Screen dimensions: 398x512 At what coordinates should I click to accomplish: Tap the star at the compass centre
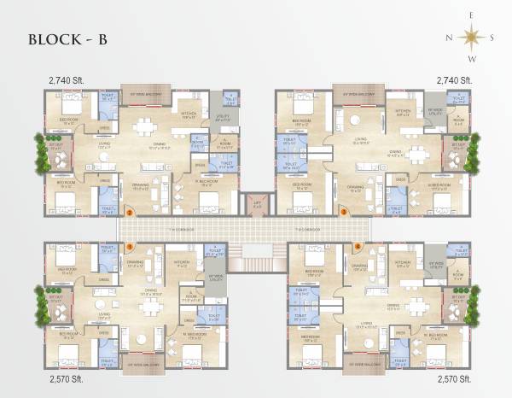469,37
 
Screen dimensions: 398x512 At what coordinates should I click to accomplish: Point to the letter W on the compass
469,59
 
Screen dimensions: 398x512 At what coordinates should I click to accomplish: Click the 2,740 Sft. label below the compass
453,79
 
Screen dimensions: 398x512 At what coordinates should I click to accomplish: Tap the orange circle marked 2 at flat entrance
129,210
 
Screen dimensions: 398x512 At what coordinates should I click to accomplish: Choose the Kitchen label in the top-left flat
189,114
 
